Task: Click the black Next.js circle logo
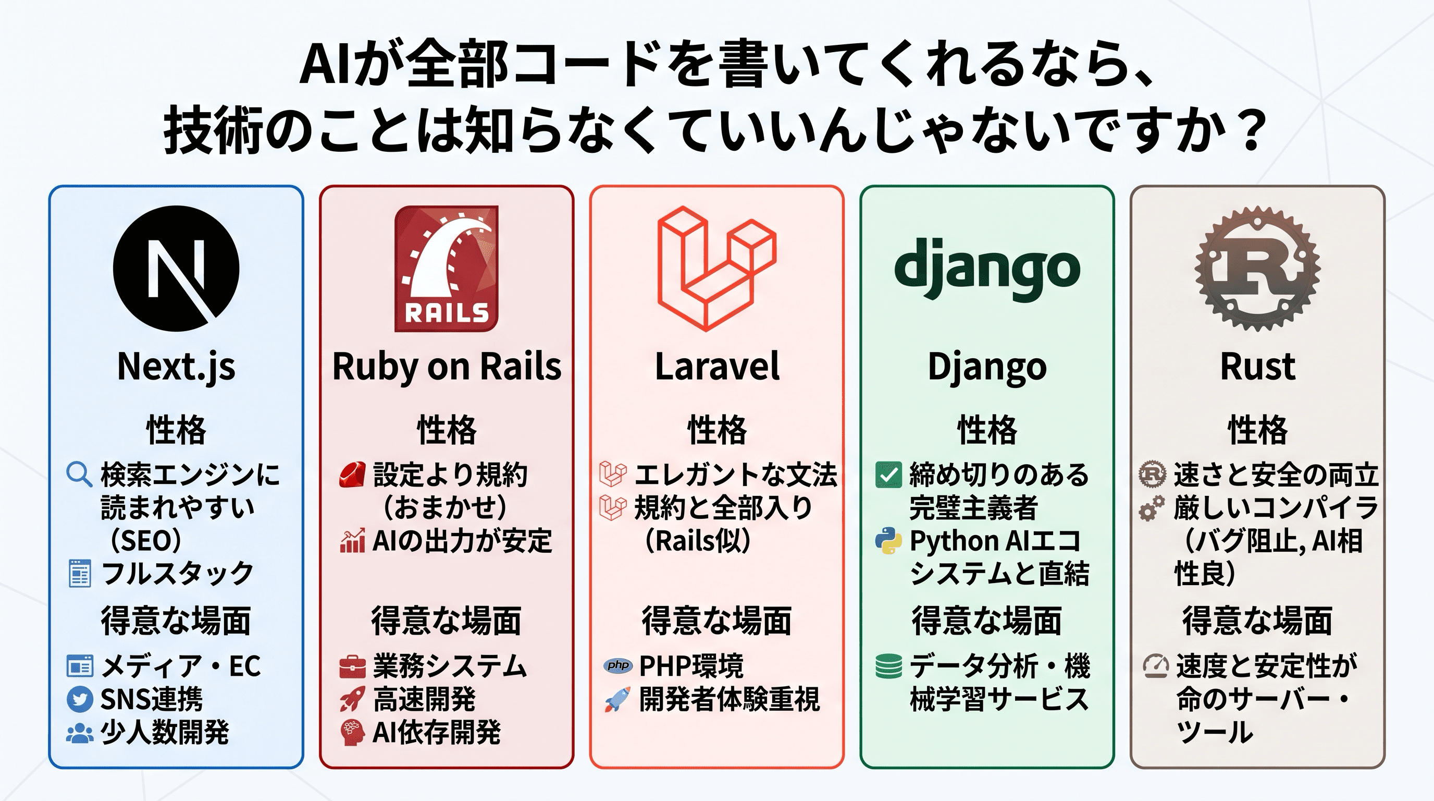click(x=176, y=269)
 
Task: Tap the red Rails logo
click(x=447, y=269)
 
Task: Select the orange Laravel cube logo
click(x=717, y=269)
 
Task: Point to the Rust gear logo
click(x=1257, y=269)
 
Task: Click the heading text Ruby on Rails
click(x=447, y=367)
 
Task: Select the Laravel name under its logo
click(x=717, y=367)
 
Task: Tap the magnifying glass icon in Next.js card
click(x=79, y=475)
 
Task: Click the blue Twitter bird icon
click(x=80, y=700)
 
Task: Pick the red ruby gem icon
click(x=352, y=475)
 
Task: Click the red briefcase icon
click(x=352, y=666)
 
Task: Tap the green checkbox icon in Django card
click(x=888, y=475)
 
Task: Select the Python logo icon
click(x=888, y=540)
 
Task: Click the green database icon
click(x=888, y=666)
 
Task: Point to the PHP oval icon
click(x=618, y=665)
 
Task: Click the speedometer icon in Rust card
click(x=1156, y=666)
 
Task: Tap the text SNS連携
click(x=152, y=700)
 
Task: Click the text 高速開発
click(x=424, y=700)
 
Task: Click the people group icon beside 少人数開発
click(x=80, y=733)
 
